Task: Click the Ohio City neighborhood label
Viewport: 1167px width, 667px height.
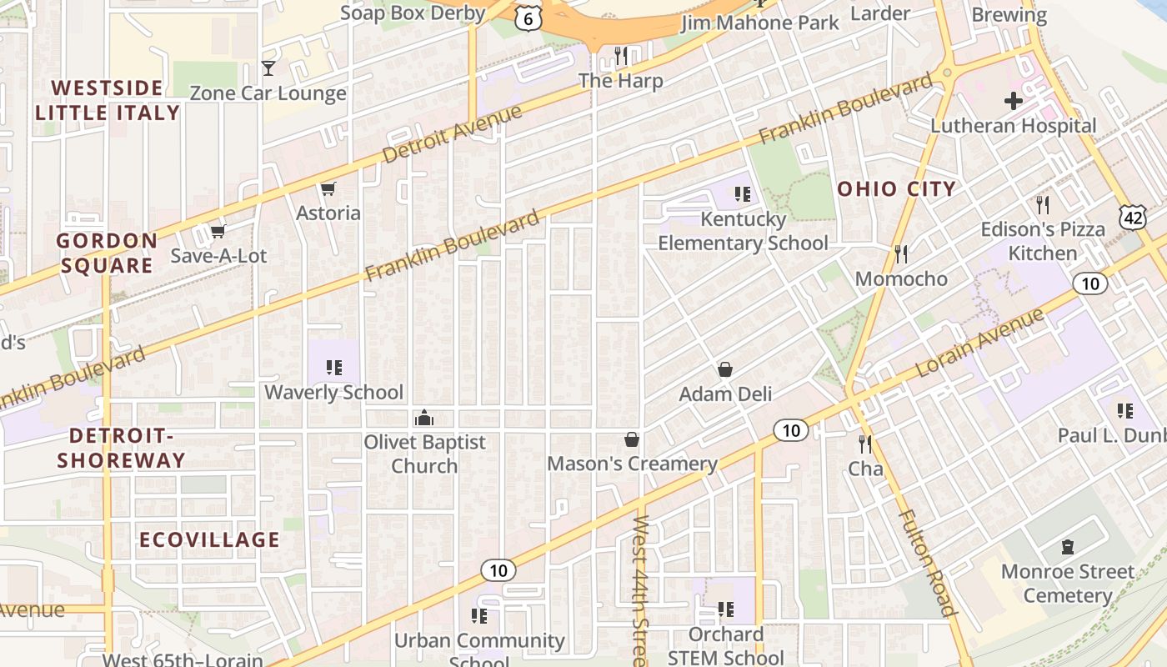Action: point(896,189)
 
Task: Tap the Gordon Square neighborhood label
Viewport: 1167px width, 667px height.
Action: point(107,253)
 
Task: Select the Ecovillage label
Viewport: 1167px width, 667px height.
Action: point(209,539)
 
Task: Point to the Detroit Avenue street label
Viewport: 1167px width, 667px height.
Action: point(452,134)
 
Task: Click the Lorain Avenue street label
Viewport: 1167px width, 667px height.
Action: point(980,343)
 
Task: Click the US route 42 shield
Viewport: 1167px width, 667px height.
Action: point(1133,217)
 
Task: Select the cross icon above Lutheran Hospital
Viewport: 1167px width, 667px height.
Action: point(1013,102)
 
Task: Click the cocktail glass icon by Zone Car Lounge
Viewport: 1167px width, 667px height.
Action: point(268,68)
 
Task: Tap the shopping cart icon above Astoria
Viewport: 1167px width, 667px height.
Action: point(328,189)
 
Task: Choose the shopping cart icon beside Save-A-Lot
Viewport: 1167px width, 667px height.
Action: point(218,231)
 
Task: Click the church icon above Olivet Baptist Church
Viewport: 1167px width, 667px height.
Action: point(424,418)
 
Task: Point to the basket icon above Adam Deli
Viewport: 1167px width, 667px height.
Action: point(725,369)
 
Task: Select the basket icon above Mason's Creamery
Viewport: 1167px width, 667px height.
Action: point(632,439)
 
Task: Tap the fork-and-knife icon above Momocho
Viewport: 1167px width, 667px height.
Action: point(900,253)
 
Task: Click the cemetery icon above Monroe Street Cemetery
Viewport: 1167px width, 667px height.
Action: point(1067,548)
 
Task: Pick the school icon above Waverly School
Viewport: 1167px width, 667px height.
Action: point(334,368)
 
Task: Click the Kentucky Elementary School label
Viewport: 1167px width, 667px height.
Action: point(743,231)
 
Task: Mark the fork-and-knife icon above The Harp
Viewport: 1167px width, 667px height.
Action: point(620,56)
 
